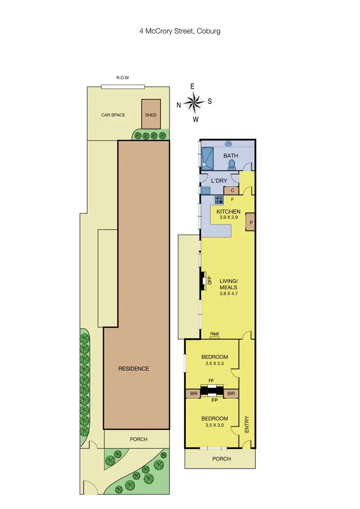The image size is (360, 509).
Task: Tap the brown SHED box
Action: (151, 114)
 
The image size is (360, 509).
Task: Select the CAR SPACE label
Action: (113, 115)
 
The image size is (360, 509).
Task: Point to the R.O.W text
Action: (123, 78)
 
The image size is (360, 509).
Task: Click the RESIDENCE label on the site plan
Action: (134, 368)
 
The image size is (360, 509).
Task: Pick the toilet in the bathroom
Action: (232, 164)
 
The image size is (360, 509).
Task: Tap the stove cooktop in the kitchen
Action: (219, 200)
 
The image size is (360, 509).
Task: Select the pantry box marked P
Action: (251, 223)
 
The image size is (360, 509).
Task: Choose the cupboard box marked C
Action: (231, 190)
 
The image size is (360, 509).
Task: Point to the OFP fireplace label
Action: (210, 281)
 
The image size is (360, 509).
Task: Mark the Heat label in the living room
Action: (215, 334)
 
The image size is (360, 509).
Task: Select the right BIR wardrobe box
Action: (231, 393)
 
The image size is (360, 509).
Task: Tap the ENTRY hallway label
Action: (247, 425)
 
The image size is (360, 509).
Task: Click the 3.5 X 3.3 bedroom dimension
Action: (214, 364)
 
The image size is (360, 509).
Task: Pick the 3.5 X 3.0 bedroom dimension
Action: (214, 426)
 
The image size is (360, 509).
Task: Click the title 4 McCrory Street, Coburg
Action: (180, 31)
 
